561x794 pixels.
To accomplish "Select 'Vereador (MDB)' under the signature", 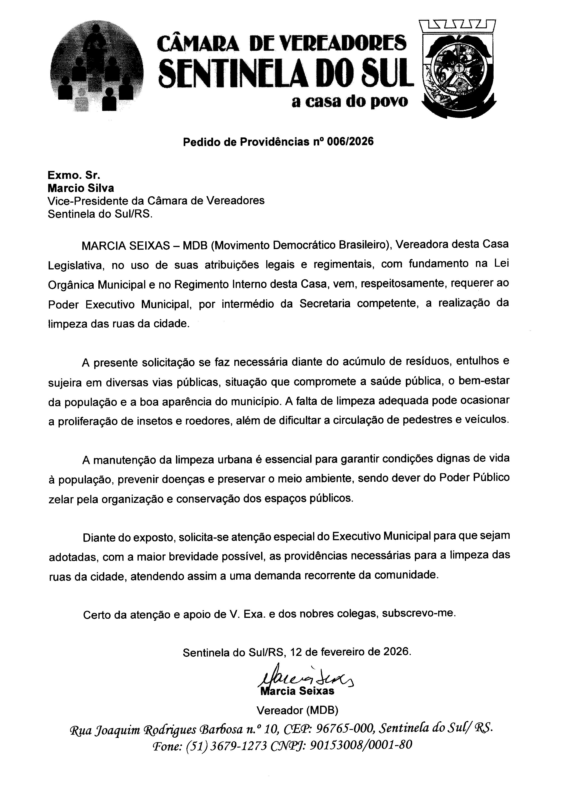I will (297, 710).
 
